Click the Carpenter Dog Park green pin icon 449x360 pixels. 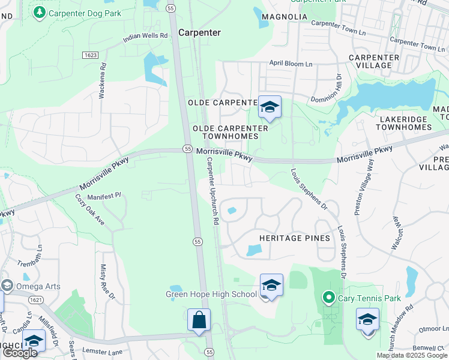pyautogui.click(x=40, y=13)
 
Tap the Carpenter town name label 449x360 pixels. pyautogui.click(x=200, y=33)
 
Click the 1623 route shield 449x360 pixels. pyautogui.click(x=91, y=55)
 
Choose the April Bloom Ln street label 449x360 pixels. pyautogui.click(x=291, y=64)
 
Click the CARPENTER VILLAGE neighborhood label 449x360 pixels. pyautogui.click(x=374, y=61)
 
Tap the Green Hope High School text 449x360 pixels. pyautogui.click(x=211, y=294)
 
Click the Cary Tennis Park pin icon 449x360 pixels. pyautogui.click(x=328, y=297)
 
